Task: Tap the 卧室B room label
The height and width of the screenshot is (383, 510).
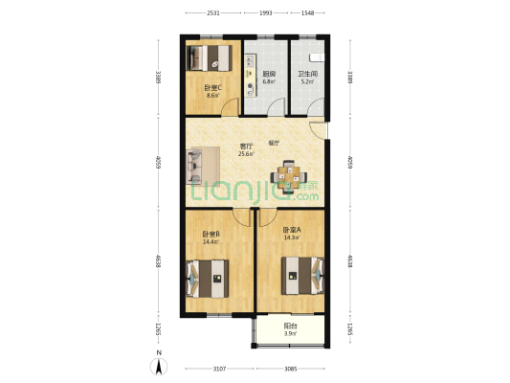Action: pos(210,235)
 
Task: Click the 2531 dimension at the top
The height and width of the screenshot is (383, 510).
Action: pos(213,13)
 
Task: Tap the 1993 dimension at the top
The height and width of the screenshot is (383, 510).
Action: pos(266,13)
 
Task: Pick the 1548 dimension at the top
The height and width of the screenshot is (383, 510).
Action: pos(308,13)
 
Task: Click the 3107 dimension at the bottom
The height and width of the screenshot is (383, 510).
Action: pos(219,369)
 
